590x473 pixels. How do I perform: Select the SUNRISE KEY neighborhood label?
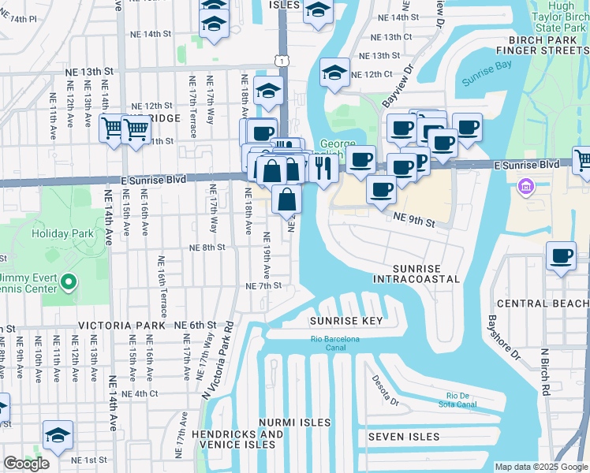(345, 321)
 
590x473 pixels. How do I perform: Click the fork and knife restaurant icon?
(323, 168)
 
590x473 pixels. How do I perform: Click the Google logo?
(26, 464)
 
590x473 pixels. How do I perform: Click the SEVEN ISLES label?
(403, 437)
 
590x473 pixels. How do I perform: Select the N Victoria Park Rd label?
(216, 359)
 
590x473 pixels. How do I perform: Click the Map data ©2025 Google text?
(541, 467)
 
